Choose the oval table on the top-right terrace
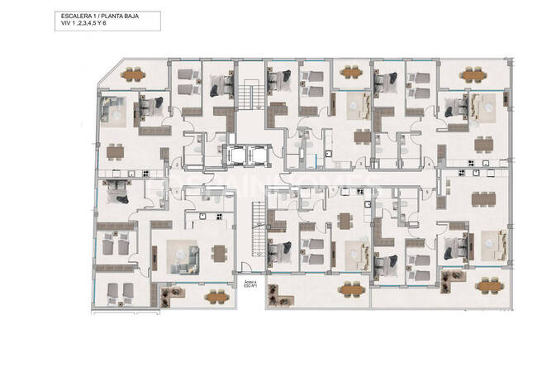[x=473, y=74]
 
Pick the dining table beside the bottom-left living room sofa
[x=218, y=253]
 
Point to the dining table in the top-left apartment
[x=116, y=150]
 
